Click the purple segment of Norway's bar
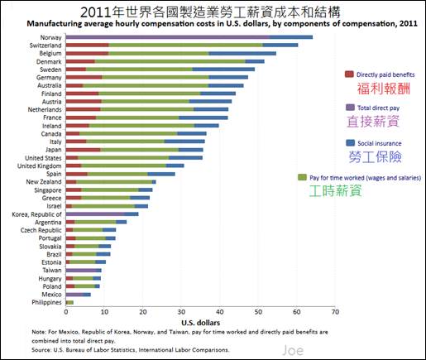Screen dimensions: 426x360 (x=168, y=37)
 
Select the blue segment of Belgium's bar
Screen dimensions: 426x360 (x=242, y=53)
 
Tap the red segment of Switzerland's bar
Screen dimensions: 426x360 (x=87, y=46)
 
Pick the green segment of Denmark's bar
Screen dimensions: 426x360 (x=170, y=61)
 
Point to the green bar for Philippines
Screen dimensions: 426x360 (x=70, y=303)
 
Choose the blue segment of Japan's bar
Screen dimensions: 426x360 (x=191, y=150)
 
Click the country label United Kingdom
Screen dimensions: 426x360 (x=40, y=166)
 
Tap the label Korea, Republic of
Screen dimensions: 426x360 (x=36, y=214)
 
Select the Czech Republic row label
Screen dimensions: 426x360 (x=41, y=230)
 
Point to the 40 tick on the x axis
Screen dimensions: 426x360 (x=220, y=312)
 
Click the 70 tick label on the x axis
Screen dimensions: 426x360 (x=335, y=312)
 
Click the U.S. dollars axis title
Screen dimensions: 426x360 (x=200, y=323)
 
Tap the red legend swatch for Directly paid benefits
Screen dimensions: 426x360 (x=349, y=74)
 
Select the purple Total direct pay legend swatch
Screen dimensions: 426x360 (x=350, y=108)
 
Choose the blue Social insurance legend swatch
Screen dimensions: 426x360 (x=350, y=142)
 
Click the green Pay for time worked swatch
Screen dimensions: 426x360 (x=302, y=177)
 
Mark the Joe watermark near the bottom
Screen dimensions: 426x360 (x=293, y=350)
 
